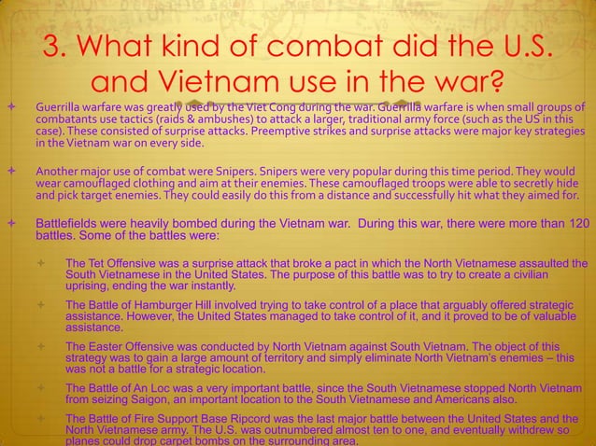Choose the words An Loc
(x=172, y=387)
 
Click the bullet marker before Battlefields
(x=10, y=225)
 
